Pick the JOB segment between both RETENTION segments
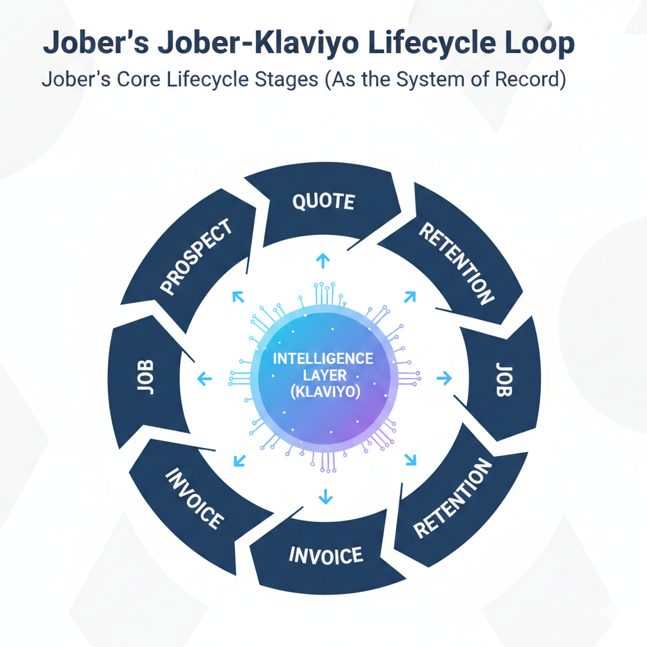503,379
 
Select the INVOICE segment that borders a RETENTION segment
326,555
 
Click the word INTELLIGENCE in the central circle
323,358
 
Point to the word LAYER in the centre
323,375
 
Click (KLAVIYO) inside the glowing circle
323,392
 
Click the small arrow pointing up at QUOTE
322,260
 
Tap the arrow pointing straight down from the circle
325,497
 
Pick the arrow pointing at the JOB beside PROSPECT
203,379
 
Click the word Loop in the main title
543,44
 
